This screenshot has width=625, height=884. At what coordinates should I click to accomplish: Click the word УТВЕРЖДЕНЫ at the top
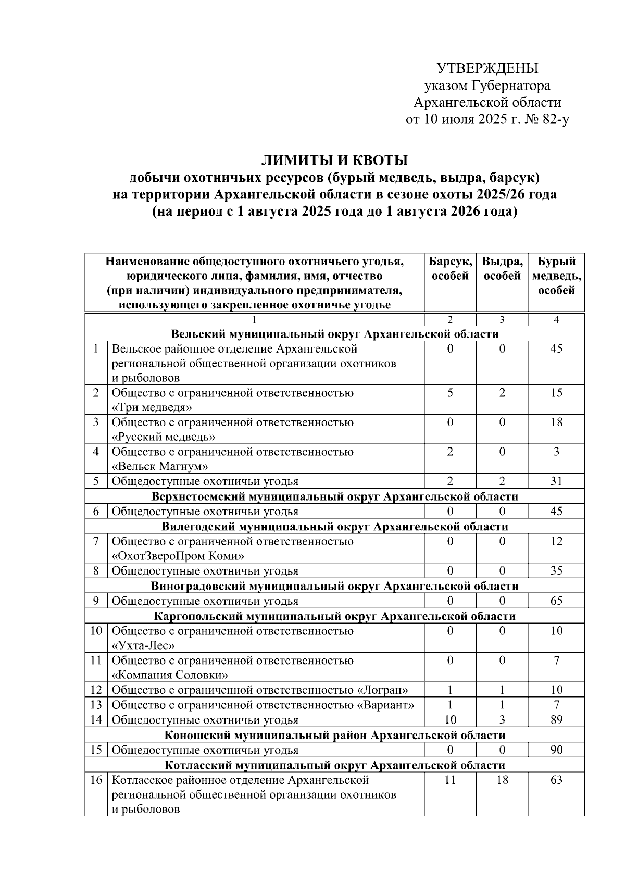(x=487, y=68)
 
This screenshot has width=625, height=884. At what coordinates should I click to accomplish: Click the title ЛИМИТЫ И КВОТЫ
(x=334, y=160)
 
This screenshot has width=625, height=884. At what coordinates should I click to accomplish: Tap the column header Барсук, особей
(x=450, y=268)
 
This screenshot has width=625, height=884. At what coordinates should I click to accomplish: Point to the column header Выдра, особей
(x=502, y=268)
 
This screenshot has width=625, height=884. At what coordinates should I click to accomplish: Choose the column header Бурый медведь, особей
(x=556, y=276)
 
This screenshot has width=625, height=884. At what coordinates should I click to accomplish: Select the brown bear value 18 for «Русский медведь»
(x=556, y=422)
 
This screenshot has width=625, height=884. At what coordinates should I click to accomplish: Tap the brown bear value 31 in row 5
(x=556, y=481)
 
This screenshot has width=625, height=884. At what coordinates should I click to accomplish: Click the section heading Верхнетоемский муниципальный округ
(x=335, y=496)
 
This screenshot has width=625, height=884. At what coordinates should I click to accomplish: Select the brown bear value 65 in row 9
(x=556, y=601)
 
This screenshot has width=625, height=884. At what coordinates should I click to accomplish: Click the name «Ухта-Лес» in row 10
(x=143, y=645)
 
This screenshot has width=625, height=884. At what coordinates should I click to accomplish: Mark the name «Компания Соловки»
(x=171, y=675)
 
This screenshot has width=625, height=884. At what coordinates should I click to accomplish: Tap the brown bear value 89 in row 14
(x=556, y=720)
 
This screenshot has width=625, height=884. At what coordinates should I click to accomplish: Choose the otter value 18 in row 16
(x=502, y=780)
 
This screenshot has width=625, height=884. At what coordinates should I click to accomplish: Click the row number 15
(x=96, y=750)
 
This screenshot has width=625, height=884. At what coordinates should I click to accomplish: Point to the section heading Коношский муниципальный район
(x=335, y=735)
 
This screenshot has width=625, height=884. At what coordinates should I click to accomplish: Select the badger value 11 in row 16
(x=450, y=780)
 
